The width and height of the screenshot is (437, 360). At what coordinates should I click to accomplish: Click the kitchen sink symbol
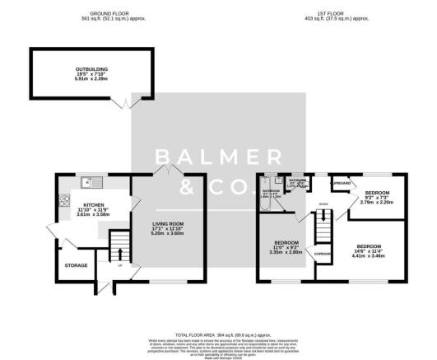coord(91,181)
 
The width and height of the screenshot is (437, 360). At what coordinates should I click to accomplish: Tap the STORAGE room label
coord(76,265)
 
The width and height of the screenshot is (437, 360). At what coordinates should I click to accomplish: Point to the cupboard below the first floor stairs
coord(323,255)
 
